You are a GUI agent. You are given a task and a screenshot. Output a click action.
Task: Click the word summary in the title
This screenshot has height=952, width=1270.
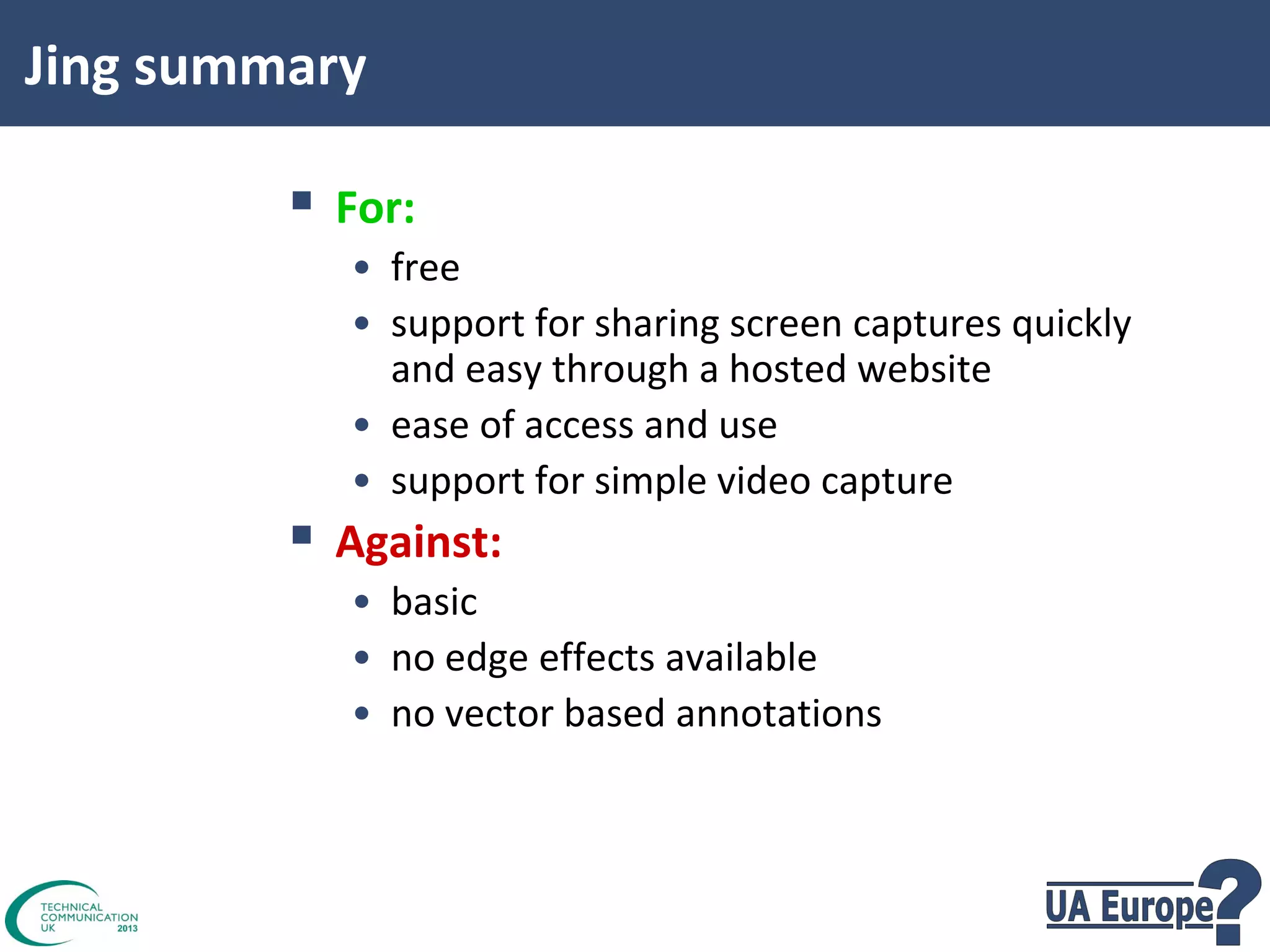click(250, 67)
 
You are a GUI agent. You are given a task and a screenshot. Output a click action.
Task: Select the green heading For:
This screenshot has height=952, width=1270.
click(375, 208)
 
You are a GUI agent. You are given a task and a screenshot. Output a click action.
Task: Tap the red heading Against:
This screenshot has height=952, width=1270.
click(418, 542)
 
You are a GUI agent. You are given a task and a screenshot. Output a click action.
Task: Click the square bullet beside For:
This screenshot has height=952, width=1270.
click(301, 200)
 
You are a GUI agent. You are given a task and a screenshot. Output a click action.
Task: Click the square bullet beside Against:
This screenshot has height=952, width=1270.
click(301, 534)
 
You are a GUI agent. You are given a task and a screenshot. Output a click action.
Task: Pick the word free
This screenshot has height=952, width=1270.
click(425, 268)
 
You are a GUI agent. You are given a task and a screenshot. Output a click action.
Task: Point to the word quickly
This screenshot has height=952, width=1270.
click(1071, 324)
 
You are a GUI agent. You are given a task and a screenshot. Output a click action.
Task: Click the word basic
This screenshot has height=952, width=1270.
click(434, 602)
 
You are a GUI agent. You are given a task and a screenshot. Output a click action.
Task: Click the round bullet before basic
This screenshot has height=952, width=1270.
click(362, 602)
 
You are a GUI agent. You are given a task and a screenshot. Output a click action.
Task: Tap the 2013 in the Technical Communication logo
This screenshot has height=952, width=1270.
click(127, 928)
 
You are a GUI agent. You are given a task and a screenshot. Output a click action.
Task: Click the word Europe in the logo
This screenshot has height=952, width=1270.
click(1157, 908)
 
